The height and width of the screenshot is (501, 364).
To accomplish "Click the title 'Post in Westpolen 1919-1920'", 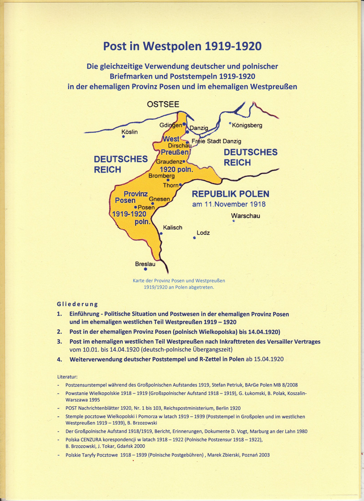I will coord(182,46).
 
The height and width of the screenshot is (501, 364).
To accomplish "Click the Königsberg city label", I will coord(247,125).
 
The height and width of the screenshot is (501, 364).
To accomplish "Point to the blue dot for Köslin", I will coord(123,137).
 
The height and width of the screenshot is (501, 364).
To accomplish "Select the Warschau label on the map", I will coord(246,216).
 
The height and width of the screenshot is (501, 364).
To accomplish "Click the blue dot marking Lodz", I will coord(194,238).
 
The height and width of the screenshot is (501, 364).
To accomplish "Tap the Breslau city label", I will coord(145,264).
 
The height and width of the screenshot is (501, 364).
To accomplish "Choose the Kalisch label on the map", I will coord(172,228).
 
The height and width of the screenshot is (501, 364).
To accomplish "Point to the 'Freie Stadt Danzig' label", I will coord(216,141).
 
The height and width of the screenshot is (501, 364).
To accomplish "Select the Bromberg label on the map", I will coord(162,175).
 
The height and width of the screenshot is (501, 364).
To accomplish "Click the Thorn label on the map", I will coord(171,186).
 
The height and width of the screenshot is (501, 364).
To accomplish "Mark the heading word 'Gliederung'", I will coord(77,304).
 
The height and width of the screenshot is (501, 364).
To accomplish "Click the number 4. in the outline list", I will coord(60,359).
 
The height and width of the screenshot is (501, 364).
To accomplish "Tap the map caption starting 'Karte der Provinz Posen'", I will coord(178,284).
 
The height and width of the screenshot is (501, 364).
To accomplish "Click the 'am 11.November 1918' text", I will coord(228,204).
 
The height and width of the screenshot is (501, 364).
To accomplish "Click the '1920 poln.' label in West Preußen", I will coord(174,169).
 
